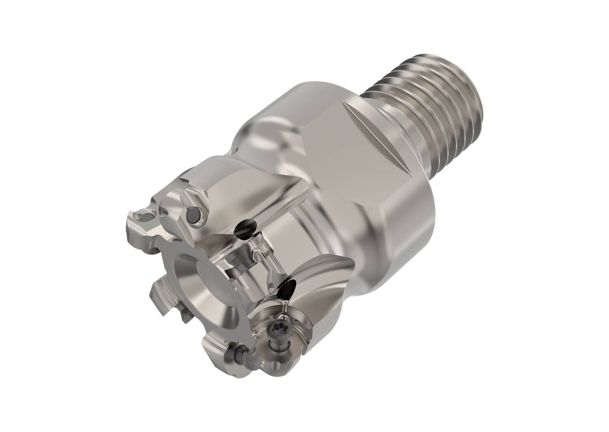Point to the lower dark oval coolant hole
[x=287, y=290]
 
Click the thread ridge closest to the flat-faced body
[x=381, y=89]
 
